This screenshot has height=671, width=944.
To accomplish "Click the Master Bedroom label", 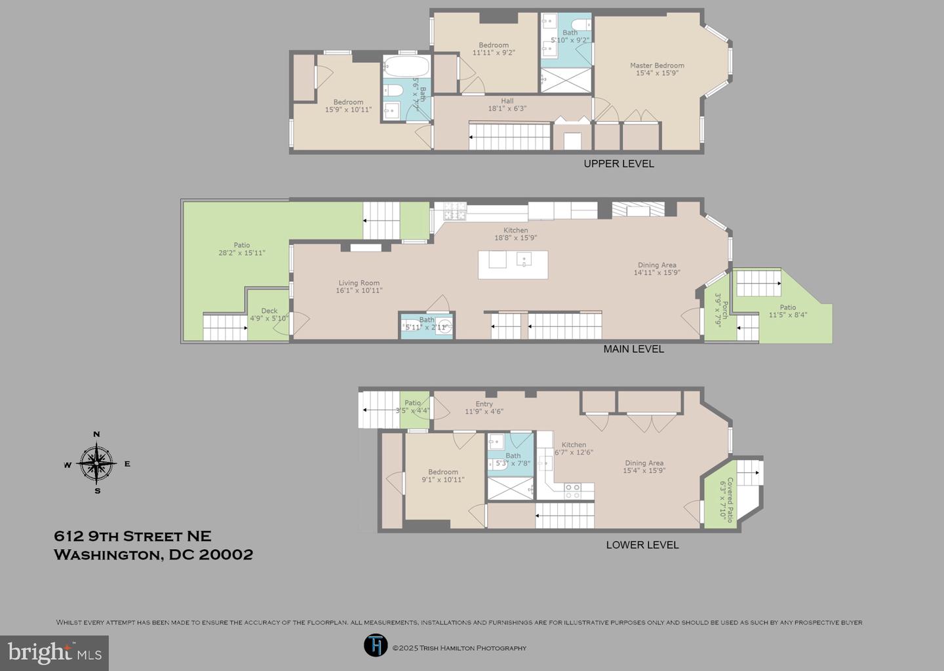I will coord(657,69).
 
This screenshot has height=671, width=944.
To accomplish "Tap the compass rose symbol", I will coord(97,463).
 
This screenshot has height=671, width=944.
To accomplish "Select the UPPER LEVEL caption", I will coord(618,164).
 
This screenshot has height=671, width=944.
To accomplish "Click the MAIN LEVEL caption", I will coord(633,349).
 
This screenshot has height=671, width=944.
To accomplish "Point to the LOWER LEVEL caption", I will coord(642,545).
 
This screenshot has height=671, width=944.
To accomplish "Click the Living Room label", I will coord(359,286).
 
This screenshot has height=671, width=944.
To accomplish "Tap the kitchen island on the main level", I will coord(513,265).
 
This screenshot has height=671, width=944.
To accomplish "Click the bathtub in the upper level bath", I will coord(406,67).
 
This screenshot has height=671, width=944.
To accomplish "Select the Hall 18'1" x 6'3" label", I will coord(507,105).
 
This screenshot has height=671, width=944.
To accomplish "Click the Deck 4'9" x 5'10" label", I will coord(269,315).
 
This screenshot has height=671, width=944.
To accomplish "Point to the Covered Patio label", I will coord(726,499).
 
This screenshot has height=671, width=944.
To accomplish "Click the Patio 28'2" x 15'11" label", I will coord(241,249).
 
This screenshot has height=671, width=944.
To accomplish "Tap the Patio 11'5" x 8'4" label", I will coord(787,311).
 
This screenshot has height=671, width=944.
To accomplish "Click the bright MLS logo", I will coord(54,653).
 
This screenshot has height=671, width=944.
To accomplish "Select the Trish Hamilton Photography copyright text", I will coord(459,648).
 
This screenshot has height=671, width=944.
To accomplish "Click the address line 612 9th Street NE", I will coord(132,536).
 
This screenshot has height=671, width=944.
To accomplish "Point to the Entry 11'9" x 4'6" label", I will coord(484,408).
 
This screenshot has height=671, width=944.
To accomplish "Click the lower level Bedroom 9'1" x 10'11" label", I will coord(443,476).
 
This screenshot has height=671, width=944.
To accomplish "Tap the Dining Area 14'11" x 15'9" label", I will coord(656,269).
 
